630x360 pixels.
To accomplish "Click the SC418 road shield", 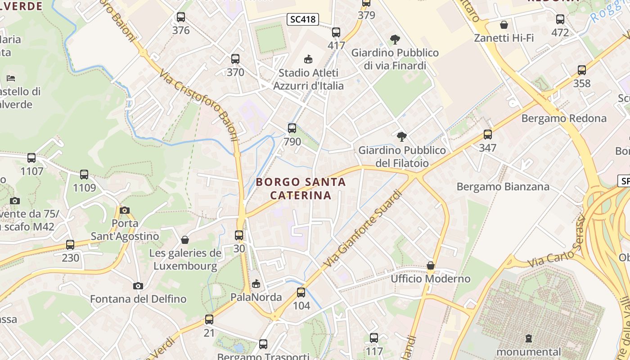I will pyautogui.click(x=303, y=19).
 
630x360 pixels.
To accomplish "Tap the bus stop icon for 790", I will pyautogui.click(x=292, y=128).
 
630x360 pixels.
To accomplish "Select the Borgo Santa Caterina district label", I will pyautogui.click(x=301, y=189).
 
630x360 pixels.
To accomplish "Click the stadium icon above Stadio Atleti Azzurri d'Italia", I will pyautogui.click(x=308, y=59).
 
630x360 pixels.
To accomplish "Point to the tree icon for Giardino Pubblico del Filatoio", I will pyautogui.click(x=402, y=136).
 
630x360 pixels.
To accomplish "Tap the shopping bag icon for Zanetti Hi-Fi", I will pyautogui.click(x=504, y=25).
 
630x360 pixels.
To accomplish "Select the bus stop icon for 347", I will pyautogui.click(x=488, y=134).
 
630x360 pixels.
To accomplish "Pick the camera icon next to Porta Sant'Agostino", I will pyautogui.click(x=125, y=210).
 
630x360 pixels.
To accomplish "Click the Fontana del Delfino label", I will pyautogui.click(x=138, y=299).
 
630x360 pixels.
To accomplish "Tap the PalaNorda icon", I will pyautogui.click(x=256, y=283).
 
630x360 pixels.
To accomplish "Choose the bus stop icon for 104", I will pyautogui.click(x=301, y=292).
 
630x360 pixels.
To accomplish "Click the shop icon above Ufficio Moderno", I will pyautogui.click(x=431, y=265).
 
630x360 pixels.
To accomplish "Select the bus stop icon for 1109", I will pyautogui.click(x=84, y=175).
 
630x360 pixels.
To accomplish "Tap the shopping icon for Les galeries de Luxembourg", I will pyautogui.click(x=184, y=240).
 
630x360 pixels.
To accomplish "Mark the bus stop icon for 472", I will pyautogui.click(x=560, y=19).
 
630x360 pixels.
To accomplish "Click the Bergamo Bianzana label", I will pyautogui.click(x=503, y=186).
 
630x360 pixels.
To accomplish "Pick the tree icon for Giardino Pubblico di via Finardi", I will pyautogui.click(x=395, y=40).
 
